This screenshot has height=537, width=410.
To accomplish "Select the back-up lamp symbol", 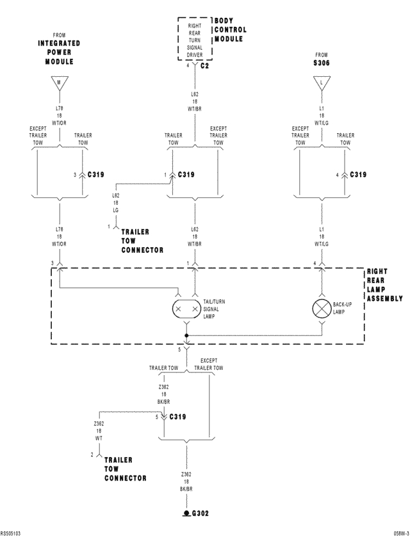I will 322,308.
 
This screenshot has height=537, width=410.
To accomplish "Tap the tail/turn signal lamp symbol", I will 186,308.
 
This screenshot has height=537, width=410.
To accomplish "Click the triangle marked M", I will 59,83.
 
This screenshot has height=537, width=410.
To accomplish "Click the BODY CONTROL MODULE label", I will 229,30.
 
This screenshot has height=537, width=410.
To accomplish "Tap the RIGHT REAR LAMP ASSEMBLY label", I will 384,285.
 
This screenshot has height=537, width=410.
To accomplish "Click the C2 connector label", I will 204,66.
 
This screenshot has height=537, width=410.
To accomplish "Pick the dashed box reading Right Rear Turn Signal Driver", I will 195,39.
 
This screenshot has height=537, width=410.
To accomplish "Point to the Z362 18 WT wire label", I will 98,431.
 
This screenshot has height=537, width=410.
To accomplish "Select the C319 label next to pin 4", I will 357,175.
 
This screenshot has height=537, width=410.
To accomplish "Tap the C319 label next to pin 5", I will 176,417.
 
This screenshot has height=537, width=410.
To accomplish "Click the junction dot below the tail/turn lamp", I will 186,335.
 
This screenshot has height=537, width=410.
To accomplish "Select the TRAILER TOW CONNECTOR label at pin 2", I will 125,469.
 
